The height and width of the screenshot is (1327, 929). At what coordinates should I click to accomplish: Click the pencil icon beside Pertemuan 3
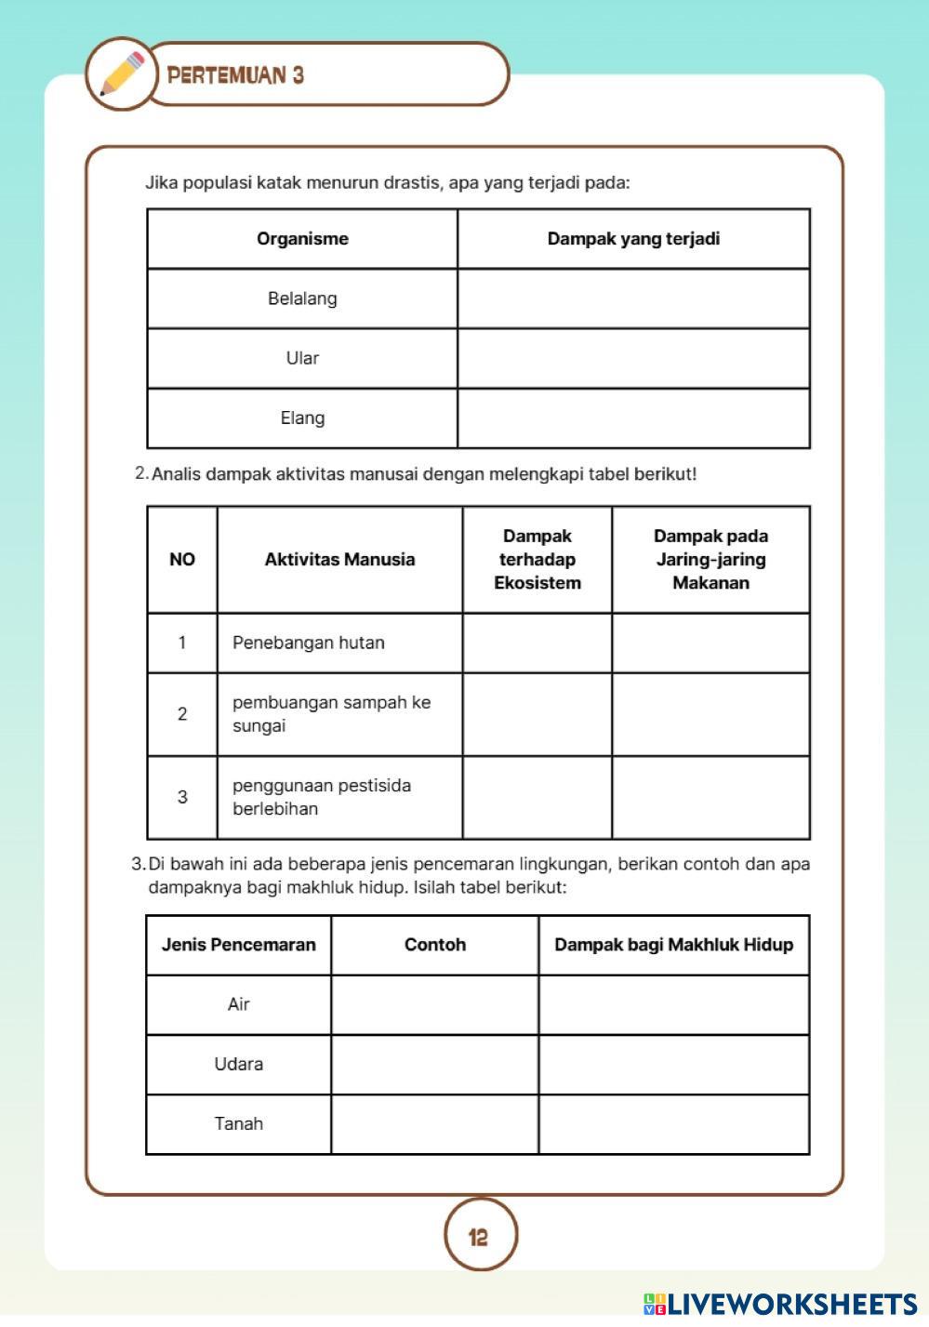pos(122,74)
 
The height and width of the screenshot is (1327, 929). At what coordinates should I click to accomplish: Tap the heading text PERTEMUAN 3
pos(235,75)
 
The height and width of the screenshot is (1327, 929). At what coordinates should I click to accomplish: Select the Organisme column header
pos(302,239)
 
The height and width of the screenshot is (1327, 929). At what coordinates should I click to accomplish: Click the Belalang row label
pos(302,299)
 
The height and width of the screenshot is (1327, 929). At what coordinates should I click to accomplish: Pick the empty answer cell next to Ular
pos(633,358)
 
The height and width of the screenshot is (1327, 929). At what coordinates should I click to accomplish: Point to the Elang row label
pos(302,418)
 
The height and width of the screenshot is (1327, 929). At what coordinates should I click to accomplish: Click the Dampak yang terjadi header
pos(633,239)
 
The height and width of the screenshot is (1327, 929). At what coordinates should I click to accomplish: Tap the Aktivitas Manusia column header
pos(339,559)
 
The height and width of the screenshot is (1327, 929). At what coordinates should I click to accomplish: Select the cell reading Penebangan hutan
pos(309,643)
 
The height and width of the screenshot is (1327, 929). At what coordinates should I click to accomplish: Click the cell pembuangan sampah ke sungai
pos(331,714)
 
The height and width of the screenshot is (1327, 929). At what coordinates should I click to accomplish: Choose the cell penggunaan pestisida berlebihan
pos(322,797)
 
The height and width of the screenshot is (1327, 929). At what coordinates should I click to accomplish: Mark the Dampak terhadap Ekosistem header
pos(537,559)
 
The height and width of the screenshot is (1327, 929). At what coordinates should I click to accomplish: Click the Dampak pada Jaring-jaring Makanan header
pos(710,559)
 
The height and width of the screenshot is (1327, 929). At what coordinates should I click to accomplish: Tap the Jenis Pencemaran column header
pos(239,945)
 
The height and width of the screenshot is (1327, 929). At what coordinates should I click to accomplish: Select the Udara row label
pos(239,1064)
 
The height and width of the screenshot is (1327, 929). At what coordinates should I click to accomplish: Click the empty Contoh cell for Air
pos(434,1004)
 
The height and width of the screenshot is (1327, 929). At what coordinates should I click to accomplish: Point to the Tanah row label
pos(239,1123)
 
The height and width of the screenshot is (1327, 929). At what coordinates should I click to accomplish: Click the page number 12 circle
pos(479,1236)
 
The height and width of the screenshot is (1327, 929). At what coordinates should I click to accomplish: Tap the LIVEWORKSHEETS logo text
pos(791,1304)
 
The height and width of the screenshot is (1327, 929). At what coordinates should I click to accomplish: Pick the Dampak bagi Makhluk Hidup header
pos(673,945)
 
